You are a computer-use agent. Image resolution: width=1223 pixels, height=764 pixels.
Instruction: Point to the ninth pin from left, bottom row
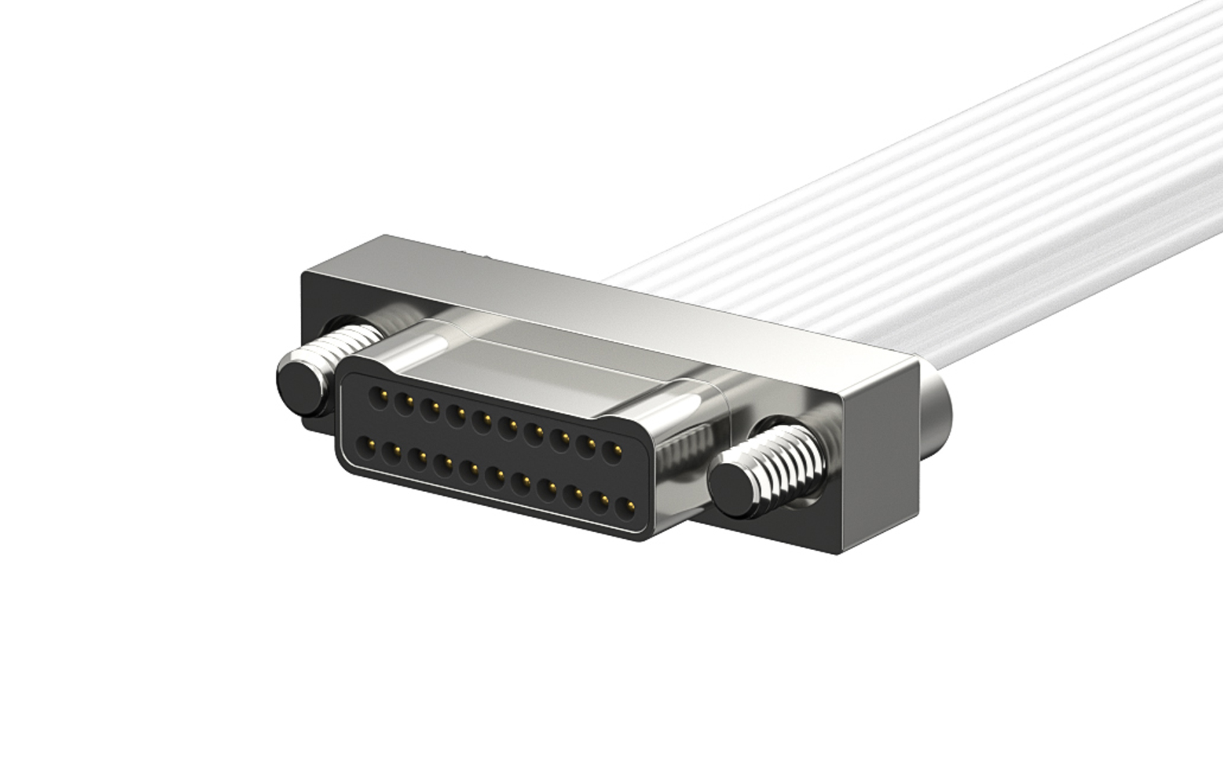point(573,495)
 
